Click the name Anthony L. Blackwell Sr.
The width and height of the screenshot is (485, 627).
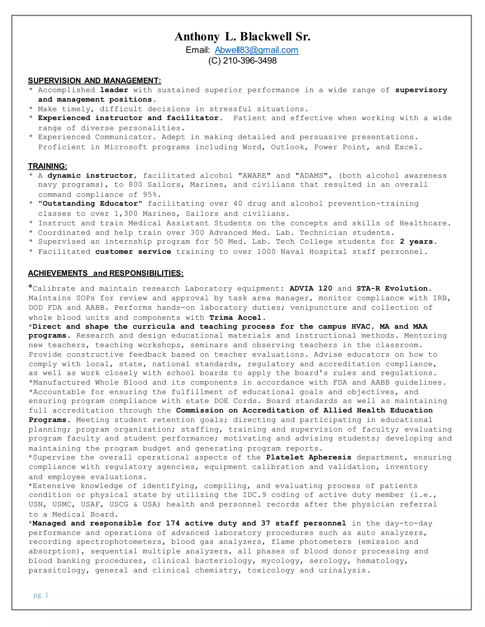click(242, 37)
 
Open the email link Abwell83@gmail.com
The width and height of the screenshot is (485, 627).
click(256, 50)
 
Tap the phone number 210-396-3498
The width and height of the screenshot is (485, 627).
click(250, 61)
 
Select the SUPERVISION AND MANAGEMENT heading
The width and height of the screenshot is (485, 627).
click(94, 81)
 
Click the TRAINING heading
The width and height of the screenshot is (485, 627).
click(47, 166)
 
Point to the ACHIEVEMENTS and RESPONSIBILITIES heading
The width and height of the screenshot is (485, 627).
click(106, 273)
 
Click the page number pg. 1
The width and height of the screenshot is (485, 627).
click(41, 595)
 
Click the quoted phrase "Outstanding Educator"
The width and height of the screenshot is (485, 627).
click(90, 204)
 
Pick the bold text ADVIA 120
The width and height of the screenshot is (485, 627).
click(311, 288)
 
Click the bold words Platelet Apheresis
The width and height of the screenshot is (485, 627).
click(309, 458)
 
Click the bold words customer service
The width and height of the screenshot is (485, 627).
click(133, 252)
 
